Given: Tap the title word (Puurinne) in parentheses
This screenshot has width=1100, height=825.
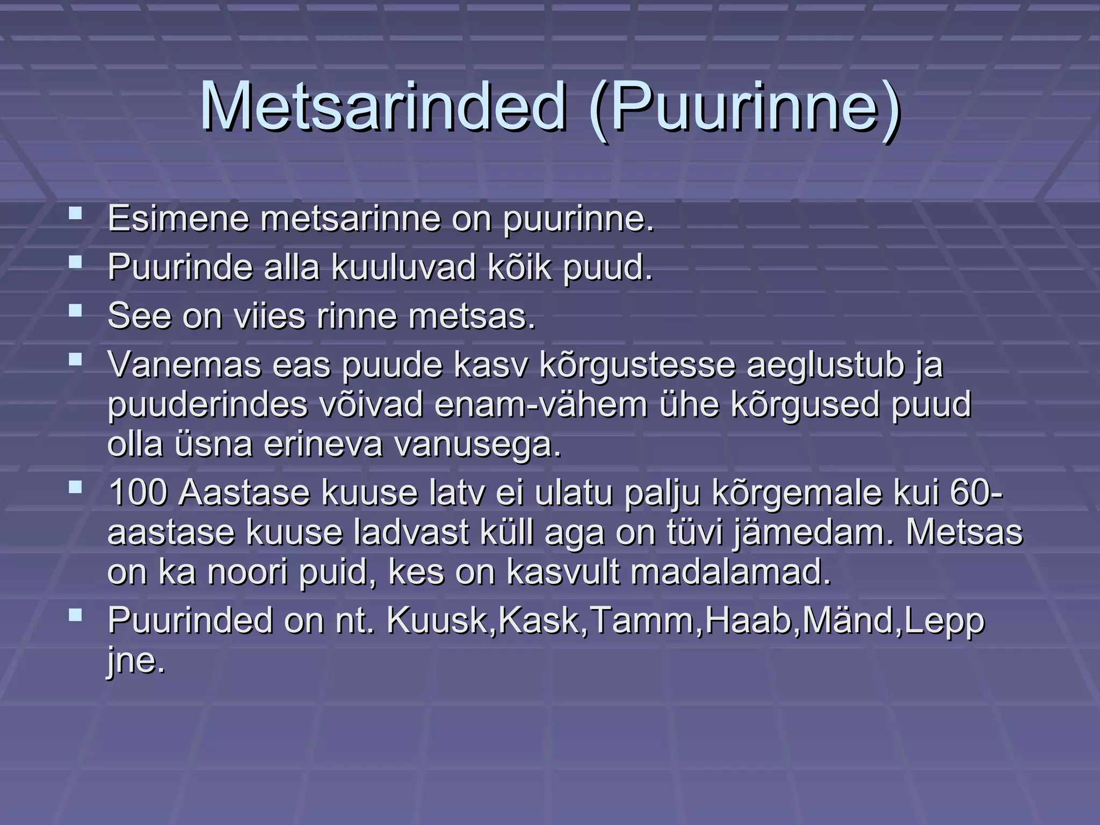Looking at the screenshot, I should (744, 107).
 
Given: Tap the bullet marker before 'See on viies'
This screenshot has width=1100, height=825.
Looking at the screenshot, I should (76, 310).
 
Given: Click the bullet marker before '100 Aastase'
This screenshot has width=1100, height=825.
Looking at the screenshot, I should (76, 488).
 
